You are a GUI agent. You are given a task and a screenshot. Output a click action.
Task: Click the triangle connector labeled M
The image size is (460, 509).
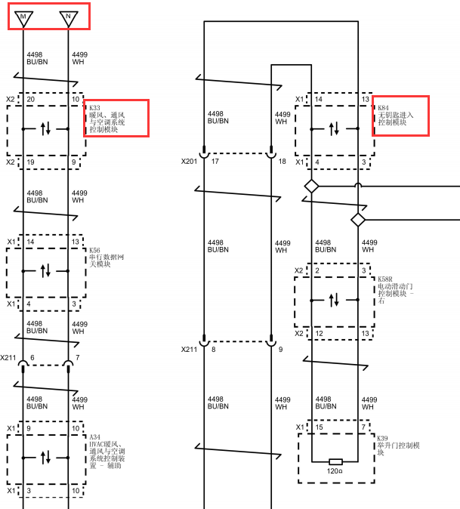point(23,19)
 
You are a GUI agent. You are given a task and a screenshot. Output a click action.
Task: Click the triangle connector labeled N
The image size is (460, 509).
point(69,19)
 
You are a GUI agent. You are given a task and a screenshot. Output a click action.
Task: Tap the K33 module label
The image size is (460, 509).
point(107,119)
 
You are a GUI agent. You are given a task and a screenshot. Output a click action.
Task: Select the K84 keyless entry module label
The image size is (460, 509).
point(396,115)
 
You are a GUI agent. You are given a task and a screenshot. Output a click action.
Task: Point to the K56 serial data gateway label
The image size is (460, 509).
point(107,257)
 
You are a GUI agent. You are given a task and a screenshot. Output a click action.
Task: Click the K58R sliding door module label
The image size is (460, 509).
point(396,290)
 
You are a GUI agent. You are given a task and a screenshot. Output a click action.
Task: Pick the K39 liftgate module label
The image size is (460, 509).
point(398,445)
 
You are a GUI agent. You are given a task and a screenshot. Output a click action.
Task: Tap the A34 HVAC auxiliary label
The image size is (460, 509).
point(107,451)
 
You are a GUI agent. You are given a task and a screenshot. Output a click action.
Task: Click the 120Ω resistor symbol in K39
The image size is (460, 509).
point(335,461)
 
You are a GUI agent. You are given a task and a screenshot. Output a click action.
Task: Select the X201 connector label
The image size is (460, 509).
point(190,162)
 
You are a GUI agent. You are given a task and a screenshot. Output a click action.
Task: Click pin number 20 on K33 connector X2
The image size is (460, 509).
point(31,99)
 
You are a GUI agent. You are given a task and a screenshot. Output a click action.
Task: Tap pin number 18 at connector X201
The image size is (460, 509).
point(282,162)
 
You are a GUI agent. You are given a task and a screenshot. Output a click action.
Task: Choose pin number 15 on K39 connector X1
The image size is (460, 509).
point(319,427)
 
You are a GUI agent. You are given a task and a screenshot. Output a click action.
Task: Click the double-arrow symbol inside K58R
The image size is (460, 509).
point(334,301)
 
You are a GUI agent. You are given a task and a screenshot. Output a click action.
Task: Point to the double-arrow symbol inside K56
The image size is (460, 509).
point(45,270)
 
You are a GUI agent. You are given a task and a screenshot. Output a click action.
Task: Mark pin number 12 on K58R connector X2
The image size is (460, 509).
point(319,333)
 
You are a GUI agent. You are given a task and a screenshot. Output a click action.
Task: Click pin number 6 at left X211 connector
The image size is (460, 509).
point(32,357)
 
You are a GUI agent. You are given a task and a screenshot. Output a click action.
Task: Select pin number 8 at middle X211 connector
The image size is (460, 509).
point(214,350)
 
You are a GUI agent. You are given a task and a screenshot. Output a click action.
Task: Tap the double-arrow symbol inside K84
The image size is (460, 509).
point(334,129)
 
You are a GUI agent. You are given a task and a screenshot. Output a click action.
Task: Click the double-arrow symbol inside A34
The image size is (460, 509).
point(45,458)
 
